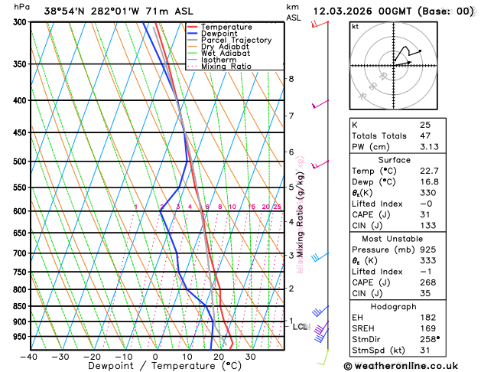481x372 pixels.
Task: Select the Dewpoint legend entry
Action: click(x=223, y=34)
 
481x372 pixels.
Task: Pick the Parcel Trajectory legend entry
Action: click(x=239, y=40)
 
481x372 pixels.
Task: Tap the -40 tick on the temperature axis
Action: click(x=30, y=357)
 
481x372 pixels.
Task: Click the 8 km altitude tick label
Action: click(x=291, y=79)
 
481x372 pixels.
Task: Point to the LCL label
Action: click(x=301, y=327)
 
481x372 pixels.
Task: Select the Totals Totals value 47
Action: click(x=425, y=135)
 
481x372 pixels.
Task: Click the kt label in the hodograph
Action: click(x=355, y=26)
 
